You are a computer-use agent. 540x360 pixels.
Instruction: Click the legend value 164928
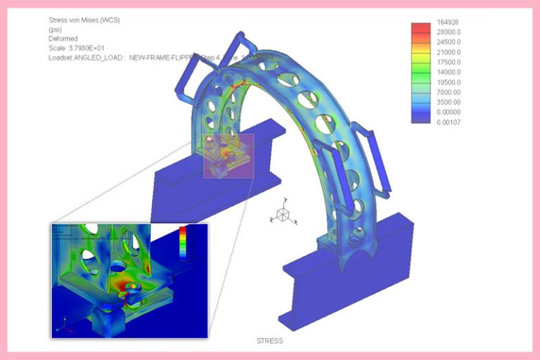[447, 22]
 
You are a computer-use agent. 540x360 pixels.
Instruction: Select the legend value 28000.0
[449, 32]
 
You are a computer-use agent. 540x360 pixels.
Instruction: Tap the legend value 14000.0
[449, 72]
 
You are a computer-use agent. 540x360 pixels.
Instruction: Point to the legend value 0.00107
[448, 122]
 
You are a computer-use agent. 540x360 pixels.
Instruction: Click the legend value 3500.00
[449, 102]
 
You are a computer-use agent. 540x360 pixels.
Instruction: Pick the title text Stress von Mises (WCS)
[84, 20]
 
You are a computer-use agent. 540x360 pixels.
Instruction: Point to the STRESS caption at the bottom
[271, 341]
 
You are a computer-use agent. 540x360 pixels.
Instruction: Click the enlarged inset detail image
[129, 280]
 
